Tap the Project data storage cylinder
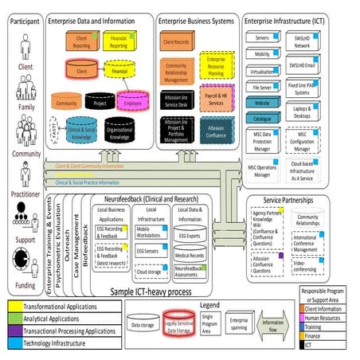(x=99, y=103)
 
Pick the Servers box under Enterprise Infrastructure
(x=264, y=37)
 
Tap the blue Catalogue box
(x=264, y=117)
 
